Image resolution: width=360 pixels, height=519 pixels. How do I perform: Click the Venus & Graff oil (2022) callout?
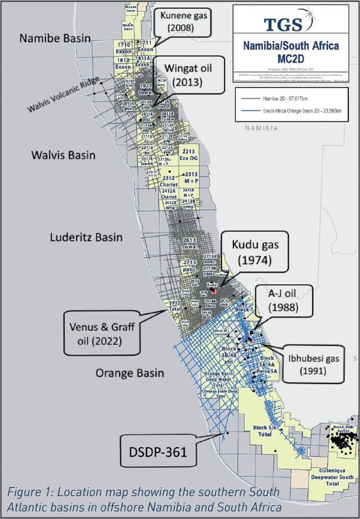(x=102, y=332)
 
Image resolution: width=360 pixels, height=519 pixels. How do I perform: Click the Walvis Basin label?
(x=63, y=155)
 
